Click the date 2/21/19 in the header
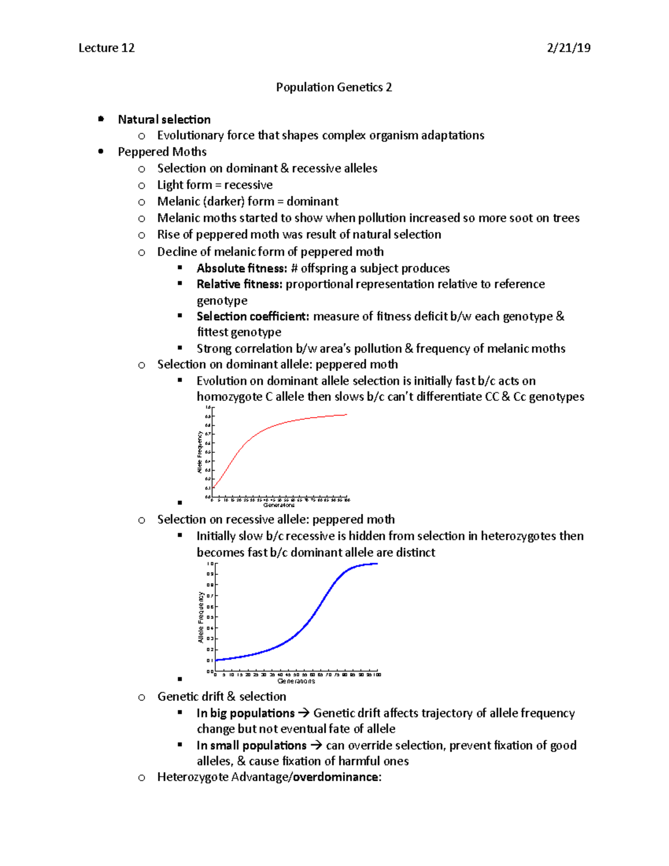click(569, 48)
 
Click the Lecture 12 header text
click(106, 48)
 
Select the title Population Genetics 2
click(334, 87)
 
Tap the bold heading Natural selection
click(164, 119)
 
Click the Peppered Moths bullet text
click(162, 152)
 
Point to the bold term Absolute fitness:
click(241, 268)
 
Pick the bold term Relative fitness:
click(240, 284)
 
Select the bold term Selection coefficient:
click(253, 316)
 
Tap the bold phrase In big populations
click(245, 713)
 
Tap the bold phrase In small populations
click(251, 746)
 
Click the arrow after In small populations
click(316, 746)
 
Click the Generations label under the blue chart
click(296, 681)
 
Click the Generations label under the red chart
click(279, 505)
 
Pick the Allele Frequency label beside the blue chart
click(201, 617)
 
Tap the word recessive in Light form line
click(248, 185)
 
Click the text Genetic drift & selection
click(221, 696)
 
